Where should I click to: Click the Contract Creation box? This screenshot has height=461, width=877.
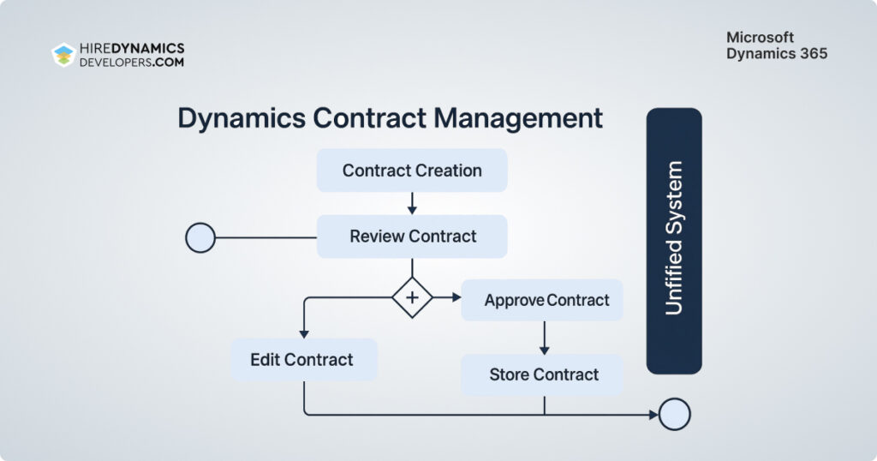412,171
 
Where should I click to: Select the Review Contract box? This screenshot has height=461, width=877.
412,236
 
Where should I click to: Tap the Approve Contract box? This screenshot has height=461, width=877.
542,300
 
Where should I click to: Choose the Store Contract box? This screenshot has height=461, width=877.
542,374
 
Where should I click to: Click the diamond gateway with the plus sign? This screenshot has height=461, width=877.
412,297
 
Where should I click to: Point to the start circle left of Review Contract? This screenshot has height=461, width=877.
200,237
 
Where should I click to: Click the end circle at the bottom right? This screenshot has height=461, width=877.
675,415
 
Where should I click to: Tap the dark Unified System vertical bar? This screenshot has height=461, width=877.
674,241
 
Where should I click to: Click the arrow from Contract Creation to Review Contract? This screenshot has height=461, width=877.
412,203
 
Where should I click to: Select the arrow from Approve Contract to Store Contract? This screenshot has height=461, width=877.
544,338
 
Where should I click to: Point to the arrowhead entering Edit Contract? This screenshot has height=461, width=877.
304,333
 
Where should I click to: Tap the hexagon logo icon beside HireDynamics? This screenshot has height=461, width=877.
63,55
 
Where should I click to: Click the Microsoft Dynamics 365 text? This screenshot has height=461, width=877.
777,45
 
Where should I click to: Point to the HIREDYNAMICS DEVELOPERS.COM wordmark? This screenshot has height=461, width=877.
131,55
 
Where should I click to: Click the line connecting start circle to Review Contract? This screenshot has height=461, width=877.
265,237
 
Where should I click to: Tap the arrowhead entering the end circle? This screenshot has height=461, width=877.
653,415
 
